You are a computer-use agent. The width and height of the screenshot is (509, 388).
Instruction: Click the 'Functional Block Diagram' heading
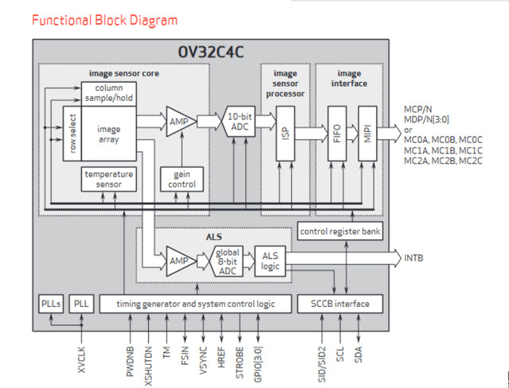pos(105,20)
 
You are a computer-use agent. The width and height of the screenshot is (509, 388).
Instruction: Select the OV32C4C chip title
pos(211,52)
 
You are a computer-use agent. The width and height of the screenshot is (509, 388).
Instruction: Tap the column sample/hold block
pos(109,93)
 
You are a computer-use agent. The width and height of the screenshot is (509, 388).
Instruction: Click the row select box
pos(72,134)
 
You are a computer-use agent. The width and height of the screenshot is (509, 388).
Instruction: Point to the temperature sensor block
pos(109,179)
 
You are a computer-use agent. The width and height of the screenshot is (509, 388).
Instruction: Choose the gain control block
pos(182,179)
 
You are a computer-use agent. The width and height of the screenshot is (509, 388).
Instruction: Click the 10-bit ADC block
pos(239,122)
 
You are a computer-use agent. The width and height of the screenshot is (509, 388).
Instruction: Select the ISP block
pos(286,134)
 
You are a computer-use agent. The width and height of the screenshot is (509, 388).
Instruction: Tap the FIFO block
pos(337,134)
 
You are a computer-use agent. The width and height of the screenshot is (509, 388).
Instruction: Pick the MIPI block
pos(367,134)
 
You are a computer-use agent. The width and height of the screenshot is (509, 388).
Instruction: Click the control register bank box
pos(340,231)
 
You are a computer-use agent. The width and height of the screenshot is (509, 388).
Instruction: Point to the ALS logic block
pos(270,261)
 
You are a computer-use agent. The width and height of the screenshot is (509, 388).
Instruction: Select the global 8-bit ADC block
pos(227,261)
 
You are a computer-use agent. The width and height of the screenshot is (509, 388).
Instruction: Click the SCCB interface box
pos(340,304)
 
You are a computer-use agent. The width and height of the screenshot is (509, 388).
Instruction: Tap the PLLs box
pos(51,304)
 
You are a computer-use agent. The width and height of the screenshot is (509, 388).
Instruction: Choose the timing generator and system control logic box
pos(196,304)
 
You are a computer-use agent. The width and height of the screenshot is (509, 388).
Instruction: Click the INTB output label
pos(414,258)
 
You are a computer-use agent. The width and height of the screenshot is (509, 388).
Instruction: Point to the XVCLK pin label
pos(81,360)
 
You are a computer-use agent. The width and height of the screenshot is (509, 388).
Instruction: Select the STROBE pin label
pos(239,363)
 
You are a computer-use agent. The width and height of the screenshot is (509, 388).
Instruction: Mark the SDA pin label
pos(359,355)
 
